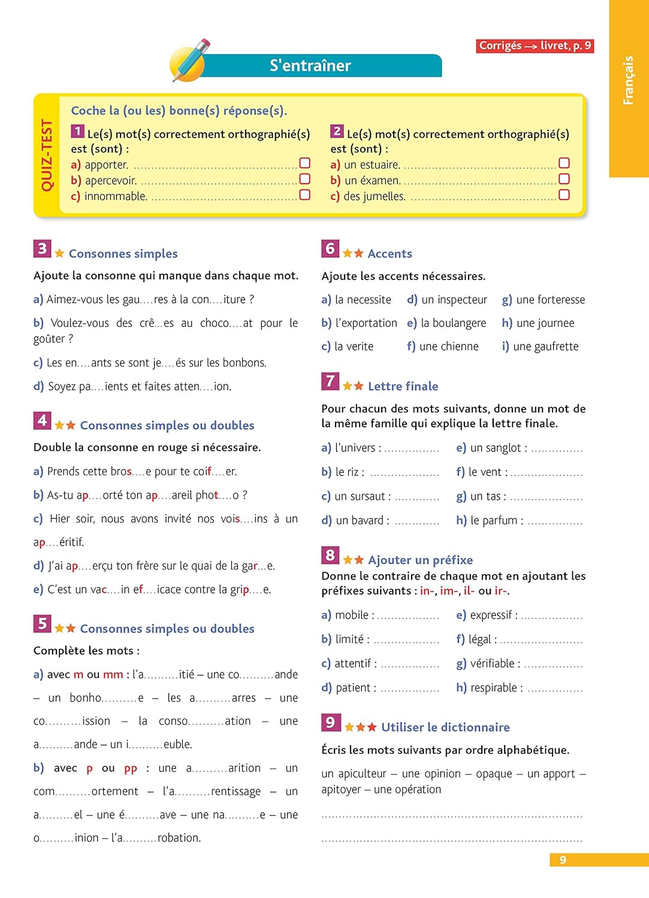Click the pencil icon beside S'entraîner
(190, 60)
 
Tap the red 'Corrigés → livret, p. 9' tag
(535, 45)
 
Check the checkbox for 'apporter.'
(304, 163)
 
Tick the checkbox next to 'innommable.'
(304, 195)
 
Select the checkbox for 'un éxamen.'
(564, 179)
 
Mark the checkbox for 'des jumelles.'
(564, 195)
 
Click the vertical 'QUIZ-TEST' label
(47, 155)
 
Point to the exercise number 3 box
(42, 248)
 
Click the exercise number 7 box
(330, 381)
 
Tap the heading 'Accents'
(390, 254)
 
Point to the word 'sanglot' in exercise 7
(503, 448)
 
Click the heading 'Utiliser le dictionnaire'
(445, 727)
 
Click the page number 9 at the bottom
(563, 860)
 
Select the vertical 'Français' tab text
(628, 80)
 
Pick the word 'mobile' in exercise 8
(352, 615)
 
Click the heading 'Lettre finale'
(403, 387)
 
